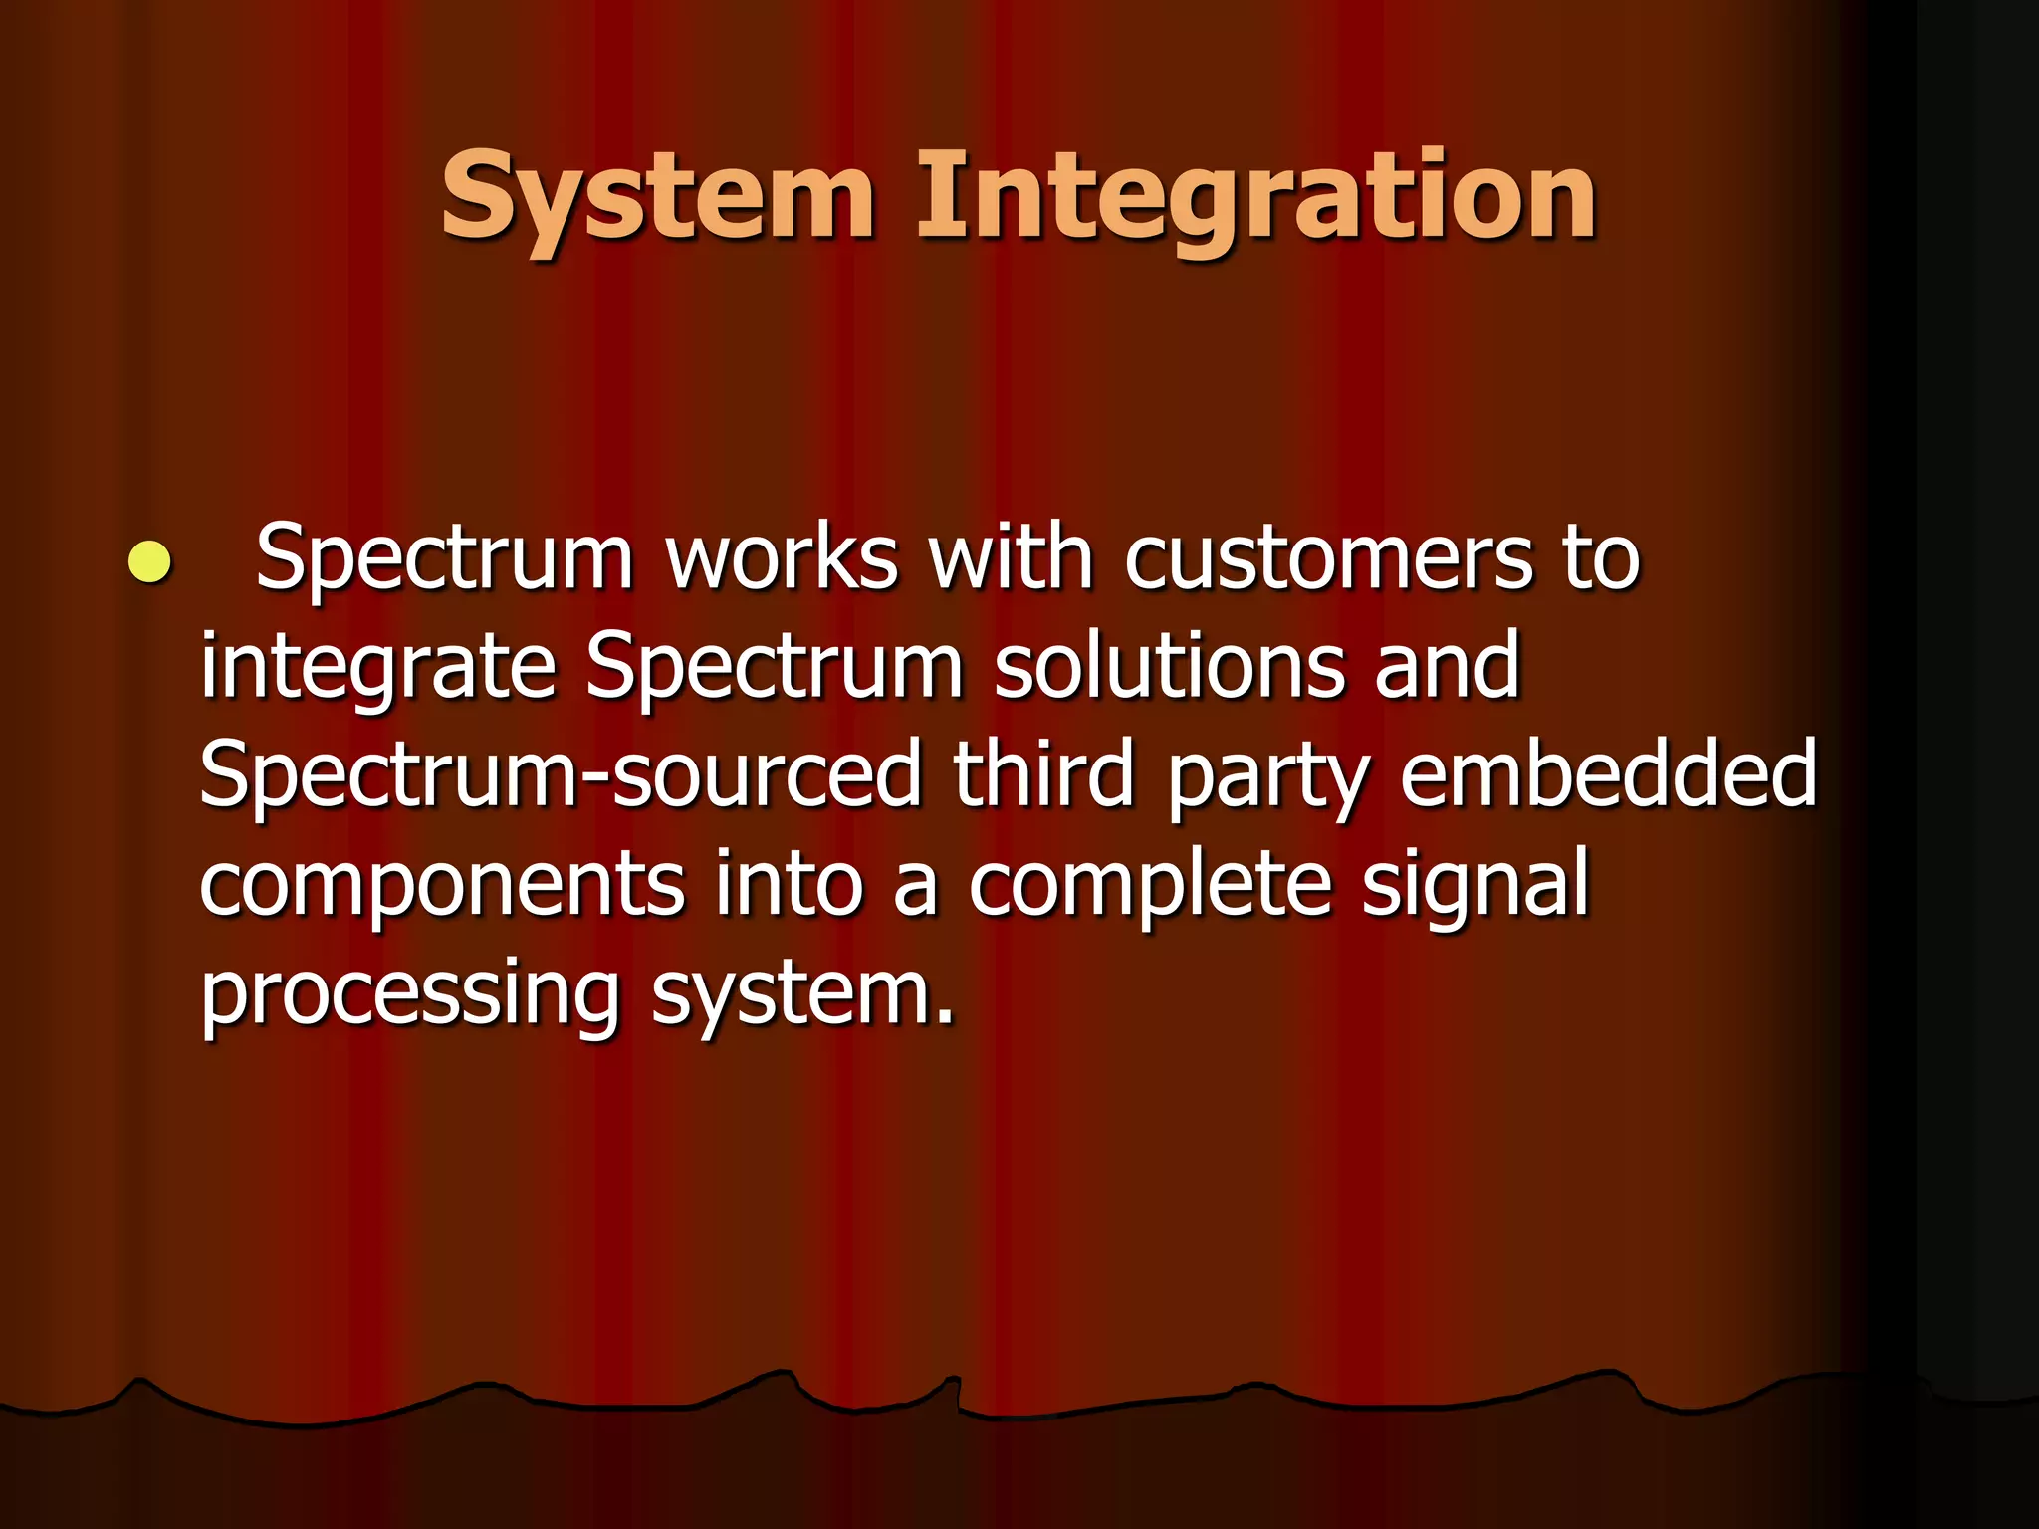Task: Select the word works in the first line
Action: tap(782, 558)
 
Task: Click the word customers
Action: tap(1329, 558)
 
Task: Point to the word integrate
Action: tap(376, 667)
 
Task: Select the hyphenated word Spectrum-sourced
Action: tap(561, 776)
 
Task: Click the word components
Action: tap(442, 886)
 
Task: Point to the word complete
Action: tap(1150, 886)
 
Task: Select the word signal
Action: tap(1474, 886)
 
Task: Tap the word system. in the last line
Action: tap(802, 995)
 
